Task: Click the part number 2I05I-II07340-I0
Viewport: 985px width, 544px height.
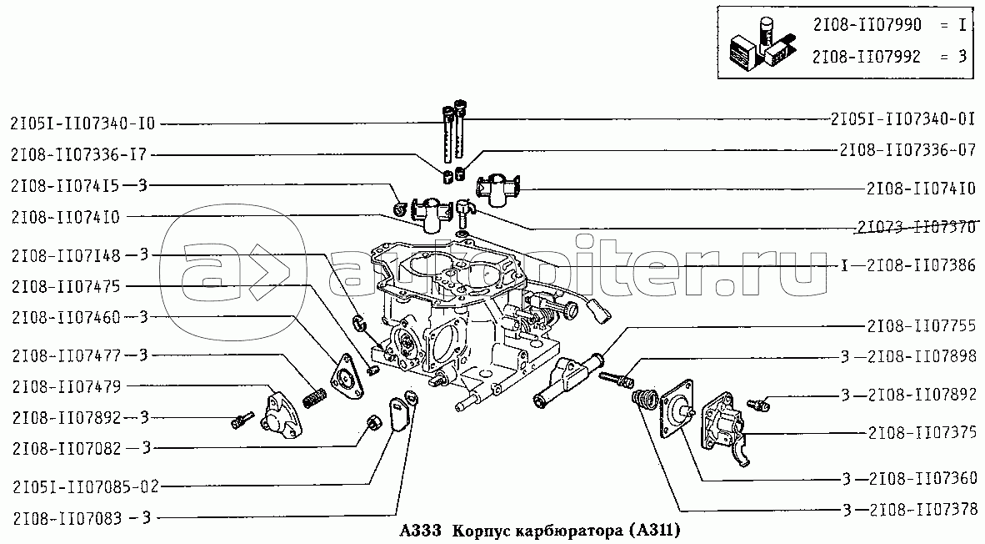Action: click(x=82, y=123)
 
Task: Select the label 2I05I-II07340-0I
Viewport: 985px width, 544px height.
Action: click(x=902, y=118)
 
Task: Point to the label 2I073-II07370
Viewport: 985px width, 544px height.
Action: click(x=915, y=226)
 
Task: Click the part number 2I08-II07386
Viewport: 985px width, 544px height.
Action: click(x=921, y=265)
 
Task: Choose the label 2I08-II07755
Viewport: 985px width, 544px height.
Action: click(x=922, y=325)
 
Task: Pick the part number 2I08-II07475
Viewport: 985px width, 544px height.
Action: click(x=65, y=287)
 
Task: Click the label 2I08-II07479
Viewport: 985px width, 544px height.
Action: click(x=66, y=386)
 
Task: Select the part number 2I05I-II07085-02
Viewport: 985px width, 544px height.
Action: click(x=86, y=486)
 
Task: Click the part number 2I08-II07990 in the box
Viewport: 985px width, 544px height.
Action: click(x=867, y=24)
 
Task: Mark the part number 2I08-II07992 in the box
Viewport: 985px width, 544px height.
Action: click(x=867, y=57)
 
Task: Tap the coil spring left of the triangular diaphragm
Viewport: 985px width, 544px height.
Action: click(x=315, y=397)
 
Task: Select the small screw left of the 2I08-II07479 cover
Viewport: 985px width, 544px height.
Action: click(x=241, y=420)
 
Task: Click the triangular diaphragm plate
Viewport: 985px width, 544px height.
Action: click(x=347, y=377)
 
